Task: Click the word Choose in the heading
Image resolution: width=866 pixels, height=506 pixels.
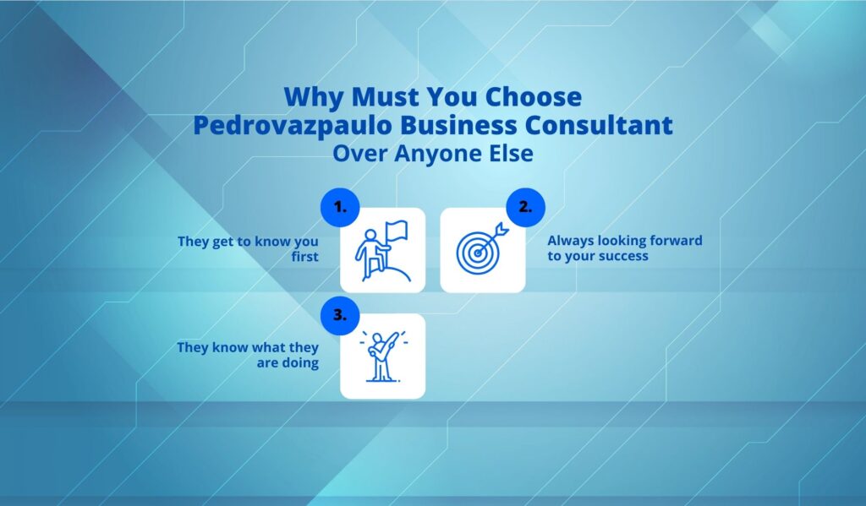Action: (536, 96)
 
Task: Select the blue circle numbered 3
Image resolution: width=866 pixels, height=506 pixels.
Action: (339, 314)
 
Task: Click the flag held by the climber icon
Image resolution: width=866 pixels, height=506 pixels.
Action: (395, 230)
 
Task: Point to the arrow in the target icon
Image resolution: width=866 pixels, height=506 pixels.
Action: (498, 229)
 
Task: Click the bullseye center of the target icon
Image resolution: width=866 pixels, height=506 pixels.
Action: (479, 250)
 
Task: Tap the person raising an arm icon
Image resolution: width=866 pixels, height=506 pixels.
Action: (382, 356)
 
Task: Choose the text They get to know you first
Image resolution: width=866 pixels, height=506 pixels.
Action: (248, 248)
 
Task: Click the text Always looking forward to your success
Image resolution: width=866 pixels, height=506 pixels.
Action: (625, 248)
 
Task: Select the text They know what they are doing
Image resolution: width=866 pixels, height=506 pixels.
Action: (248, 355)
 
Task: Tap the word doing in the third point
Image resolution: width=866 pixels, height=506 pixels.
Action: (301, 363)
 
